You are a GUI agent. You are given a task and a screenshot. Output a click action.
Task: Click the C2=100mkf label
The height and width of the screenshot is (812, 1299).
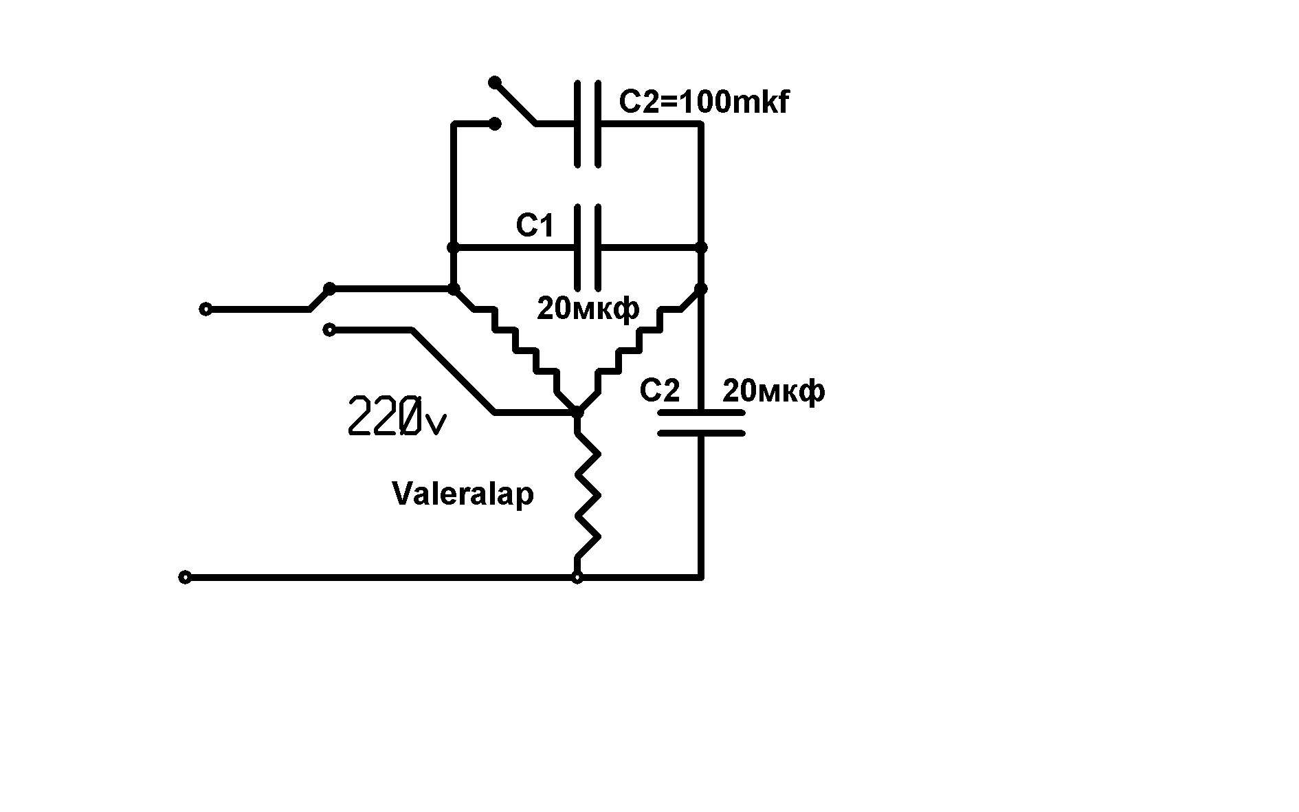(704, 102)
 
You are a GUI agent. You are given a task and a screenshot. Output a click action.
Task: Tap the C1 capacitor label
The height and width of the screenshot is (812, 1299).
(535, 226)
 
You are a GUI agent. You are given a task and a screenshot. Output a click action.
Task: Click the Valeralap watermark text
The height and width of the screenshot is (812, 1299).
(463, 494)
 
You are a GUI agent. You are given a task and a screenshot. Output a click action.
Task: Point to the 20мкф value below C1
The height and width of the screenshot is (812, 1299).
(588, 309)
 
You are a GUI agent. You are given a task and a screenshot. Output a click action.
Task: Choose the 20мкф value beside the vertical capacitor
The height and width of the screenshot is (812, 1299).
(773, 391)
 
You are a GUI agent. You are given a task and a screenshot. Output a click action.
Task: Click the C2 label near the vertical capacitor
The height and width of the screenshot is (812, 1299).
(659, 391)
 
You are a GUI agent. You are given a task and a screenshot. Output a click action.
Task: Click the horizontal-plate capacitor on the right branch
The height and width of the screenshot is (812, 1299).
(701, 423)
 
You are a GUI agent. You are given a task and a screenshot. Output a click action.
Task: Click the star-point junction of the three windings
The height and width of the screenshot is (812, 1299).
(577, 412)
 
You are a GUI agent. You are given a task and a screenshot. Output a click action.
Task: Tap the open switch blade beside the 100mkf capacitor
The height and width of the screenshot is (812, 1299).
(514, 103)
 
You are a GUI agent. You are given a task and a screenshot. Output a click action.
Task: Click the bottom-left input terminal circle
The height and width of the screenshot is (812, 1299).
(185, 578)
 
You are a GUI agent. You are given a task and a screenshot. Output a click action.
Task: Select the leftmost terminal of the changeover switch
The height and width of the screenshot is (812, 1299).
(205, 309)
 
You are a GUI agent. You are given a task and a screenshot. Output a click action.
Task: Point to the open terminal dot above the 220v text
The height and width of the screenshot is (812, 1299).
(329, 330)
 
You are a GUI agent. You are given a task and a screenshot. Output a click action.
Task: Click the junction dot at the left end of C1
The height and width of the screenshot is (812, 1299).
(453, 248)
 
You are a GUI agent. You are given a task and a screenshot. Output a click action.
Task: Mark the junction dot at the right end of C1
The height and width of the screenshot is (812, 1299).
(701, 248)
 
